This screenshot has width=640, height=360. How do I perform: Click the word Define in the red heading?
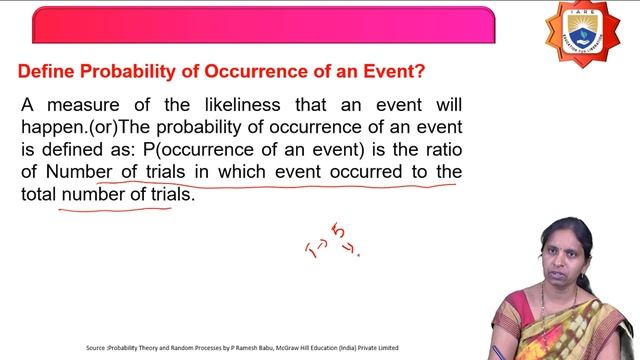(47, 73)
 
